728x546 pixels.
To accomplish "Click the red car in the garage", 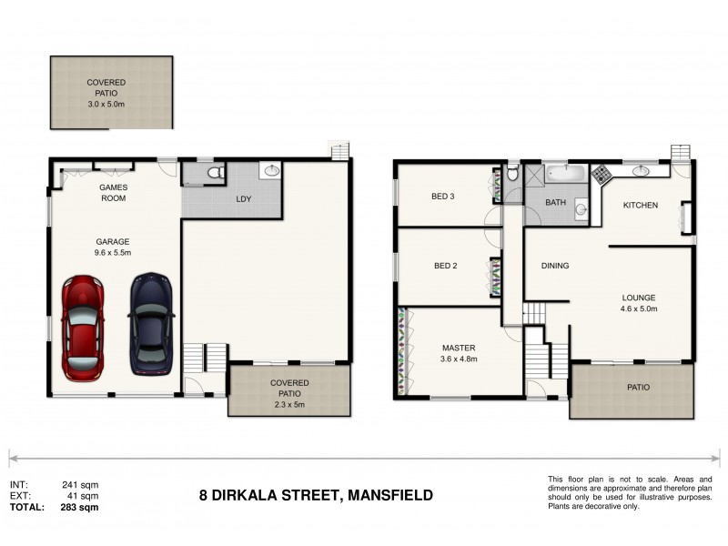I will [x=81, y=326].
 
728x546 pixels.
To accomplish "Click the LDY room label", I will [x=244, y=198].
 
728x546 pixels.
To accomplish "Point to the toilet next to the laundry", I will [x=214, y=173].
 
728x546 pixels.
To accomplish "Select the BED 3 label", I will [x=443, y=195].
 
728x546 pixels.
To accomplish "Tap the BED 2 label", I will [x=444, y=266].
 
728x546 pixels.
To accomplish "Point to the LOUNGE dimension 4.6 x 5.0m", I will [x=639, y=309].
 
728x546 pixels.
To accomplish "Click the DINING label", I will [x=555, y=267].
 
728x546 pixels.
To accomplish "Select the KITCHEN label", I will [x=640, y=206].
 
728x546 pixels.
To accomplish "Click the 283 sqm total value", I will [x=80, y=508].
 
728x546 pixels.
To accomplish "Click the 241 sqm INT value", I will [x=80, y=485].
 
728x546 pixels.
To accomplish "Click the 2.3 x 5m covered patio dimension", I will [x=289, y=394].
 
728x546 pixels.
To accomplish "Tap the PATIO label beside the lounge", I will [x=639, y=388].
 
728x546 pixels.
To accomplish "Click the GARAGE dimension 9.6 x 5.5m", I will [x=114, y=253].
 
